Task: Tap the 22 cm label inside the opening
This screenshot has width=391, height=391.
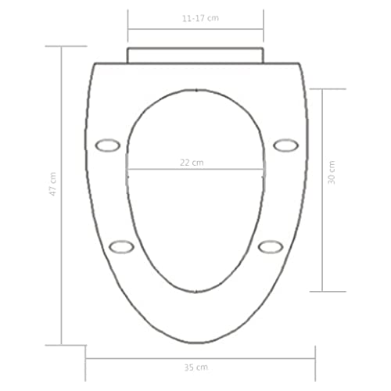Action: tap(193, 162)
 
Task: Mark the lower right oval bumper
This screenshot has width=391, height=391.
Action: tap(270, 246)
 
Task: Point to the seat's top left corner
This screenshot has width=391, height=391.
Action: tap(92, 64)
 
